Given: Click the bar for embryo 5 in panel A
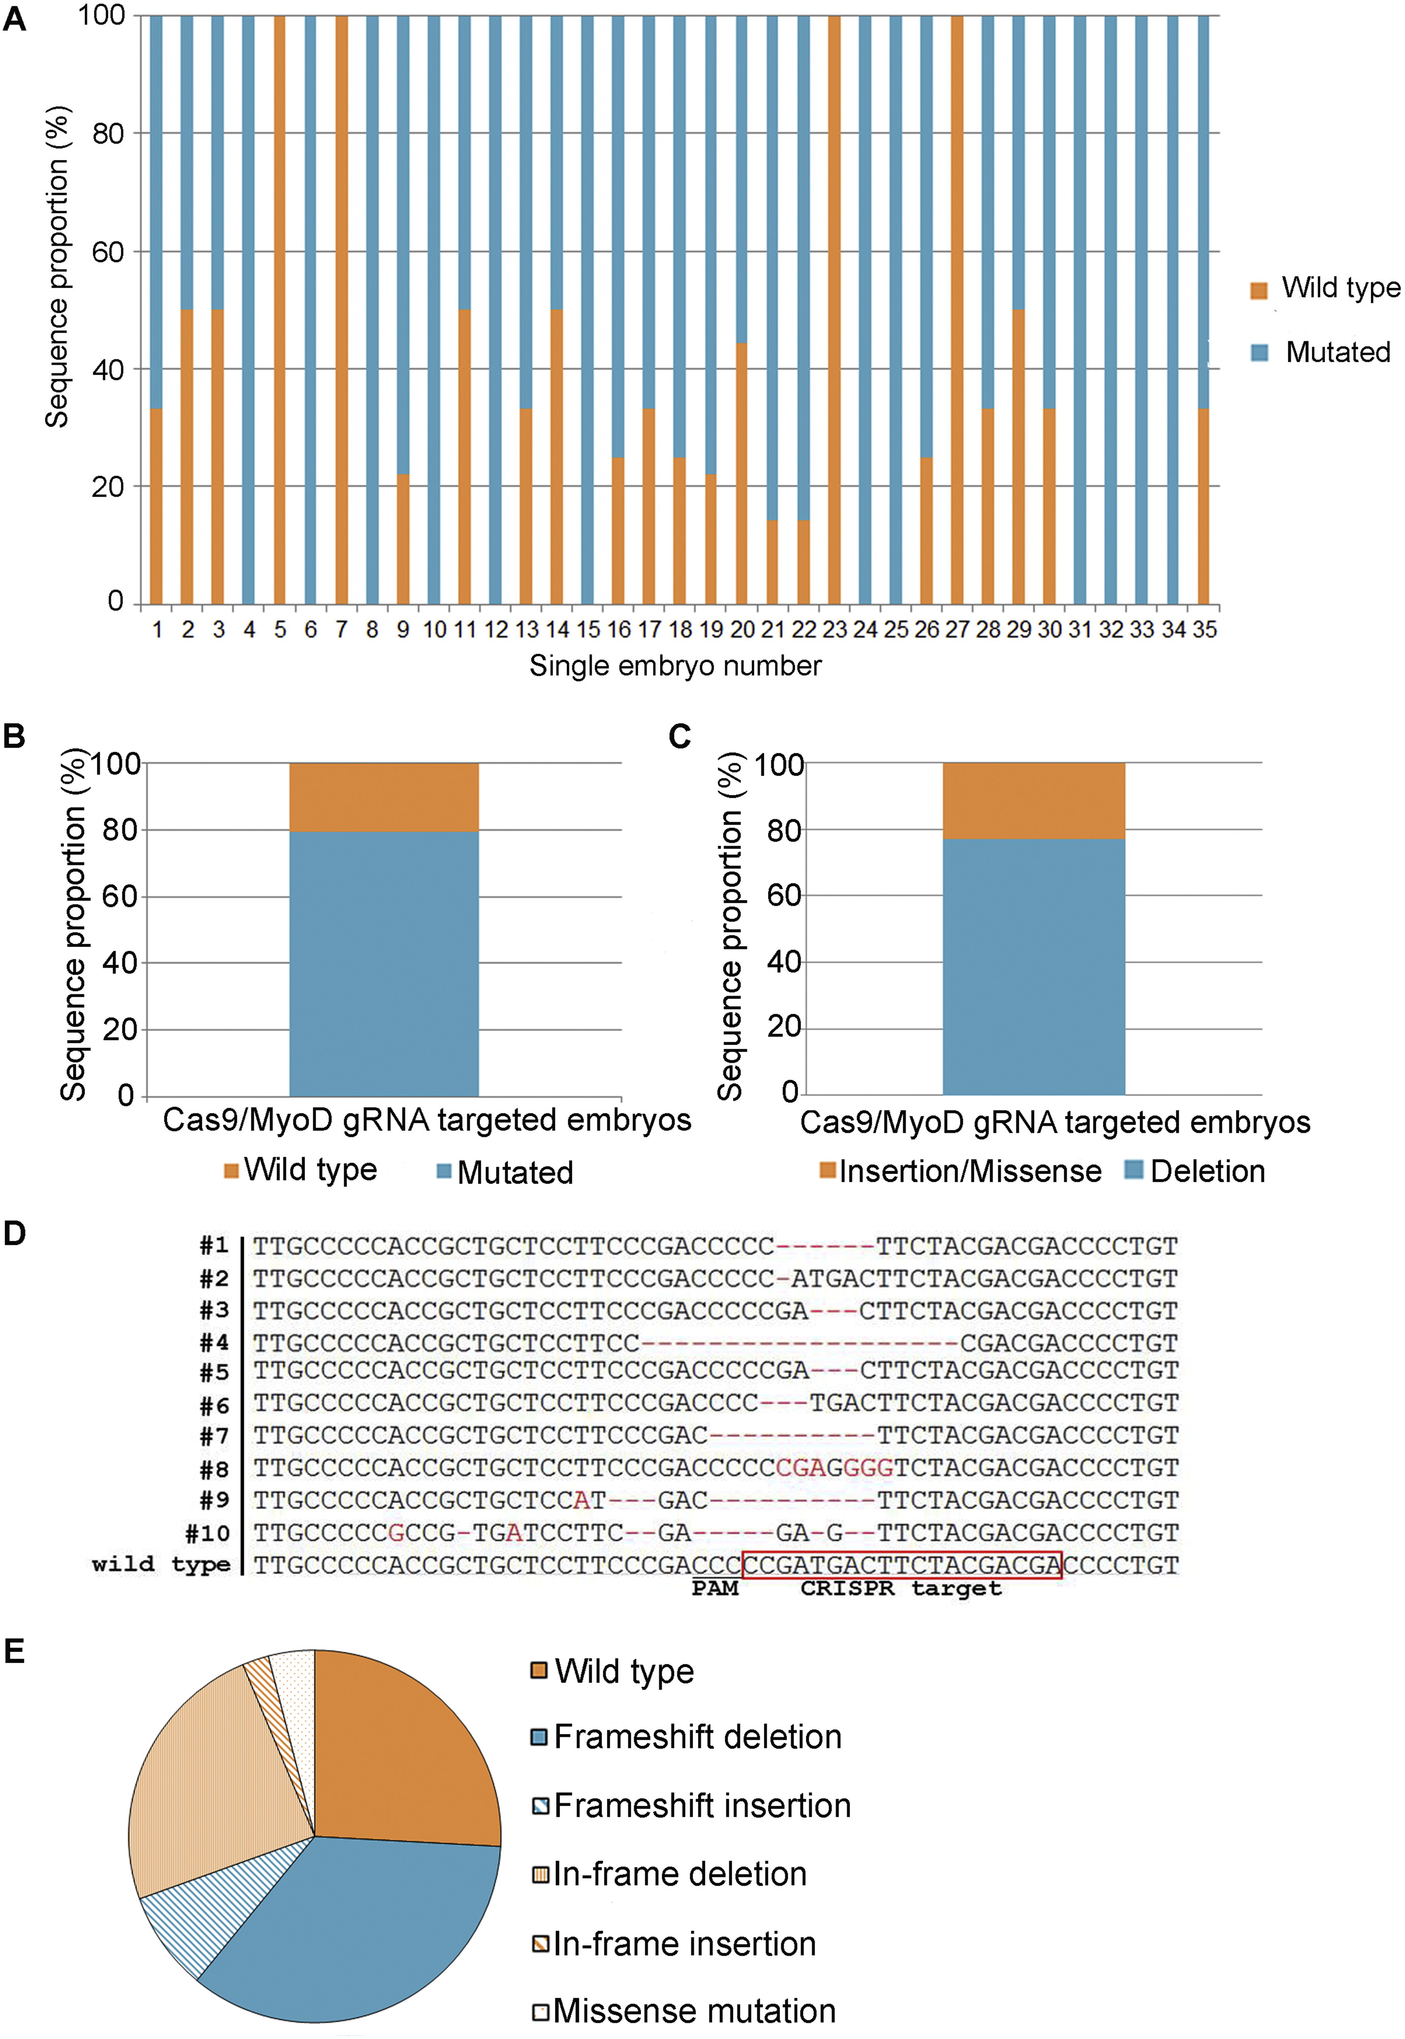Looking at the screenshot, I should pyautogui.click(x=280, y=308).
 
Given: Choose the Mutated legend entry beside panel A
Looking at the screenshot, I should pyautogui.click(x=1321, y=352).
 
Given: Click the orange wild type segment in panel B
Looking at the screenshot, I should pyautogui.click(x=384, y=797).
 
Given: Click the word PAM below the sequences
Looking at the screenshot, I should pyautogui.click(x=715, y=1588).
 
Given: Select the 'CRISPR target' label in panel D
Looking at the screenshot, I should pyautogui.click(x=901, y=1588).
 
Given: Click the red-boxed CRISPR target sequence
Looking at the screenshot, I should pyautogui.click(x=902, y=1565).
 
